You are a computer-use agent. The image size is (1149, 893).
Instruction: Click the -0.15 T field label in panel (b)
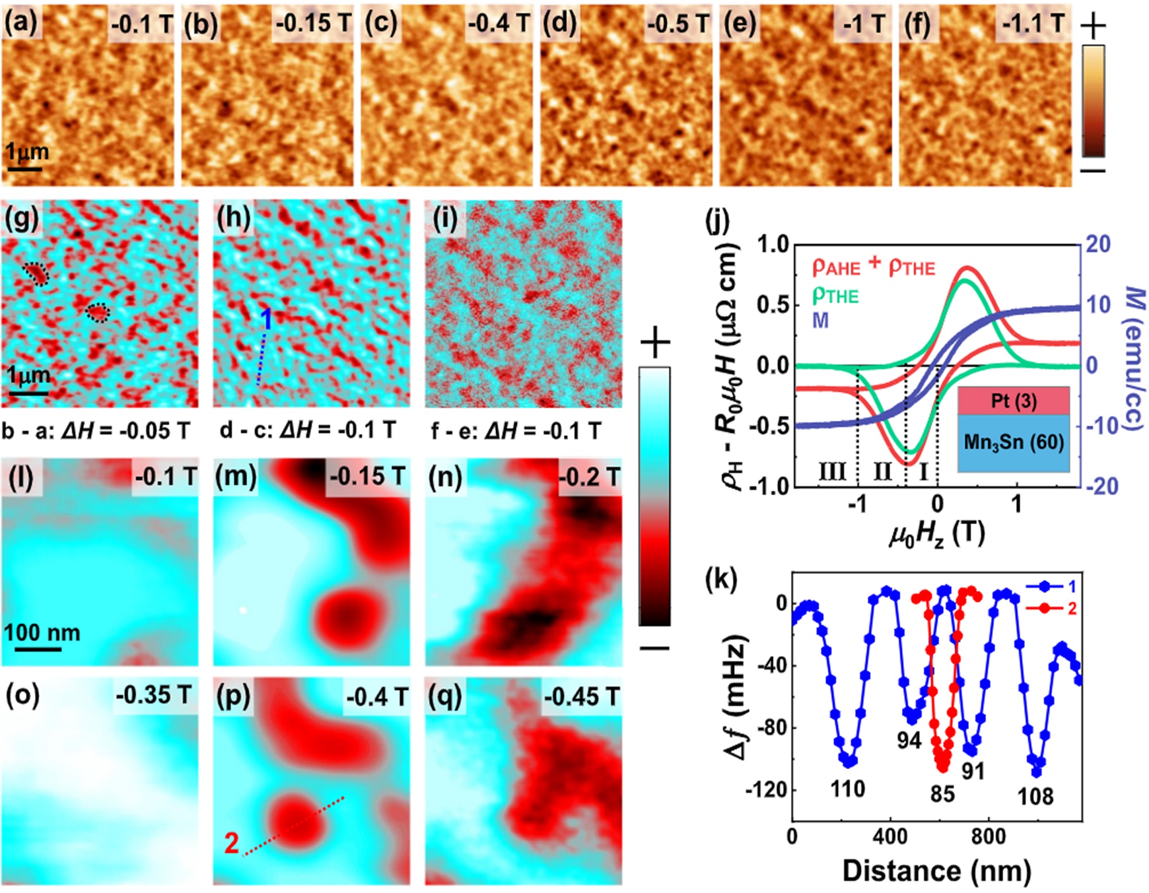[313, 24]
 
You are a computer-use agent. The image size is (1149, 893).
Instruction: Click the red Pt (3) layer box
[1013, 401]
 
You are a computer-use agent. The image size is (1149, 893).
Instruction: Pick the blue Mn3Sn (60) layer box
[1013, 442]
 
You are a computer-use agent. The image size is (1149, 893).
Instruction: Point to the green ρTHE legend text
[835, 295]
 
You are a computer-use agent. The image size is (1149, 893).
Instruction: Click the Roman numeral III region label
[832, 472]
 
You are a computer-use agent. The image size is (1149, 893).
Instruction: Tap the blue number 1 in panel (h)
[267, 320]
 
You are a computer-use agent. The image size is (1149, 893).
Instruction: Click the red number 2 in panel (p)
[232, 843]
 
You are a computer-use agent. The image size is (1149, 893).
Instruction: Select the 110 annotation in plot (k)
[847, 789]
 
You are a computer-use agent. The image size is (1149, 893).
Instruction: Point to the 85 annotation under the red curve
[942, 794]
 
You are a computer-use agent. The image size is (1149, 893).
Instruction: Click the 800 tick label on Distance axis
[988, 836]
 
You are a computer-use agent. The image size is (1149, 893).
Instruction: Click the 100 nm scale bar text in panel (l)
[42, 633]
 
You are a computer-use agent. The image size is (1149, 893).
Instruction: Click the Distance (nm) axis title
[936, 871]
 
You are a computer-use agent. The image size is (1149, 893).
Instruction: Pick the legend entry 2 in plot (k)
[1071, 608]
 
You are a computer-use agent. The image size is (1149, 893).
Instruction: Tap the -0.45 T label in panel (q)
[581, 696]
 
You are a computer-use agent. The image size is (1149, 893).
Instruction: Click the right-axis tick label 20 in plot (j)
[1098, 244]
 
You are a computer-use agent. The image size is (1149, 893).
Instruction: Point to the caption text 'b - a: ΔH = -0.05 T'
[95, 430]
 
